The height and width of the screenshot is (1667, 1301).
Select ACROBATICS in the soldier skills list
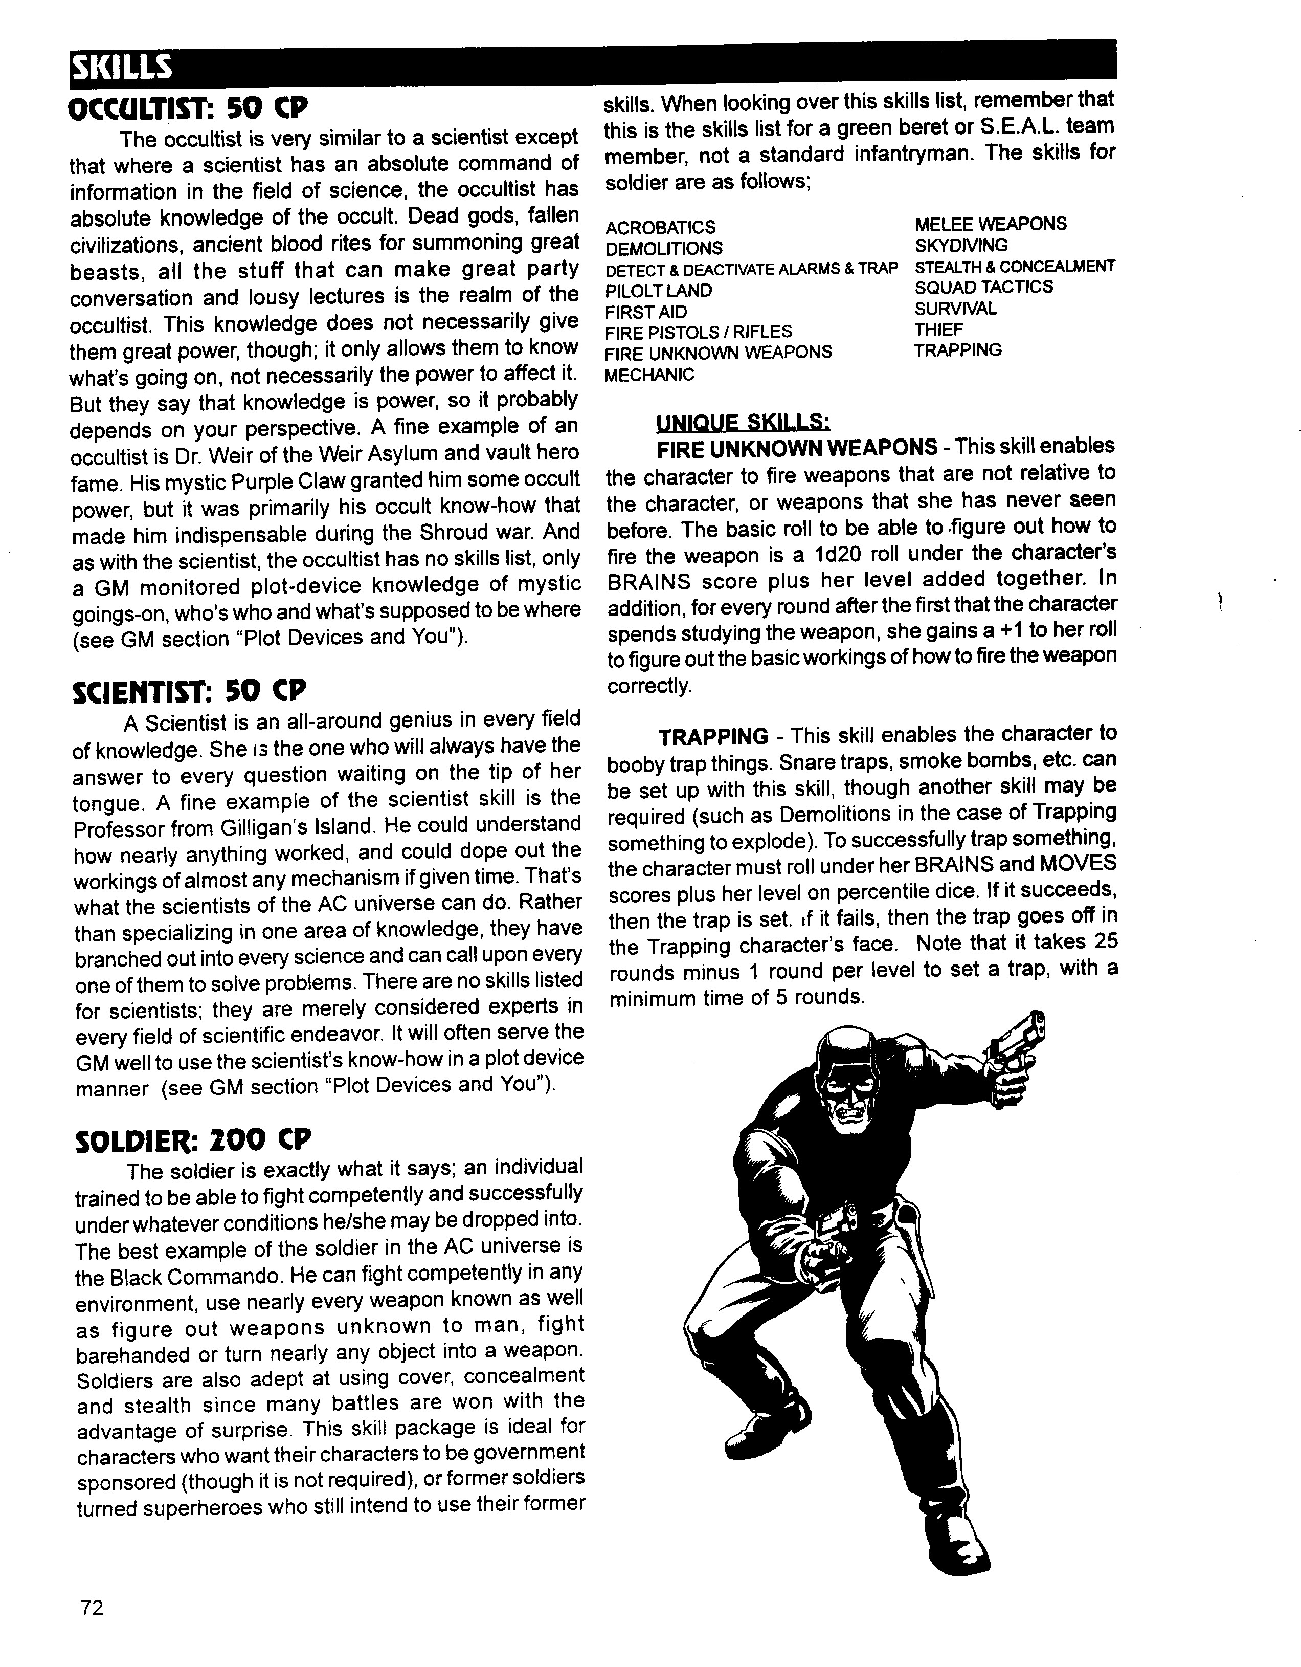coord(660,228)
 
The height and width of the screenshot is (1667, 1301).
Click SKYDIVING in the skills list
coord(961,245)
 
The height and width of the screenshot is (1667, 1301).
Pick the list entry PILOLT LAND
coord(658,291)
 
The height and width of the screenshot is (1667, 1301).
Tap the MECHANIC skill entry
coord(649,375)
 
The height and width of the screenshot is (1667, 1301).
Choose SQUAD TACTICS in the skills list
coord(983,287)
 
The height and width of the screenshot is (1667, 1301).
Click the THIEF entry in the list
coord(938,330)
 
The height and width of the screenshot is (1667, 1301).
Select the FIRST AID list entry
coord(645,312)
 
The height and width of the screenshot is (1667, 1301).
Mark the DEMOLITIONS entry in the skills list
coord(663,249)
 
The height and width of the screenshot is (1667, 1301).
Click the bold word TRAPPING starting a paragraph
coord(713,737)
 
